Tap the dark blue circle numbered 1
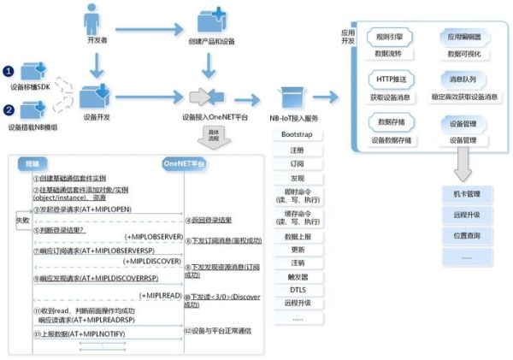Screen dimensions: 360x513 tap(9, 71)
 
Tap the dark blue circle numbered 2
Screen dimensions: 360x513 tap(9, 109)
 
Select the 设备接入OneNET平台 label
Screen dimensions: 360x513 tap(212, 117)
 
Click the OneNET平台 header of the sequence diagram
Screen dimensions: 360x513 tap(186, 161)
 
